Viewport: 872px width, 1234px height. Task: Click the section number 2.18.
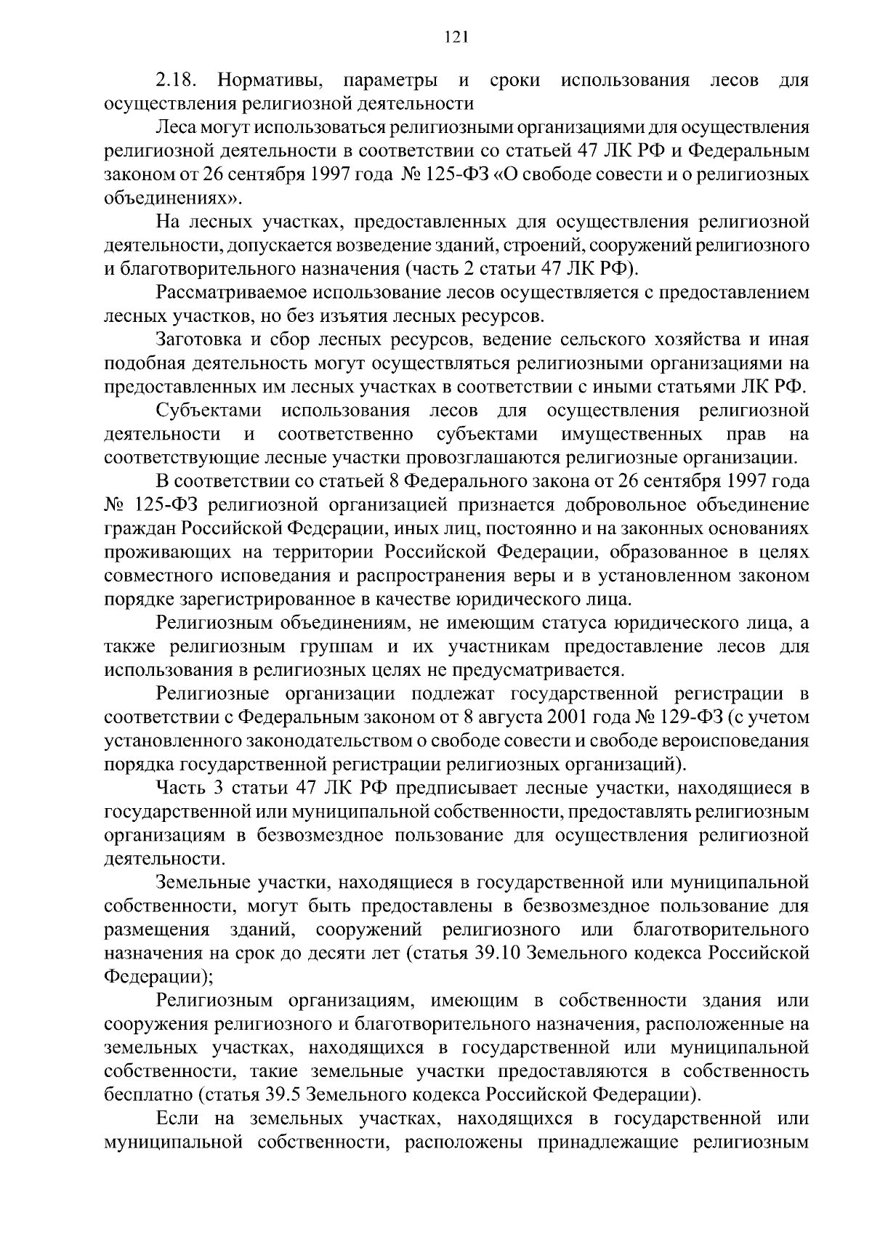(x=175, y=79)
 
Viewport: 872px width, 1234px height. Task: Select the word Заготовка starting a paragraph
(x=194, y=339)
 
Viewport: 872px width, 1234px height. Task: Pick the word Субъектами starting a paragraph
(x=209, y=411)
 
